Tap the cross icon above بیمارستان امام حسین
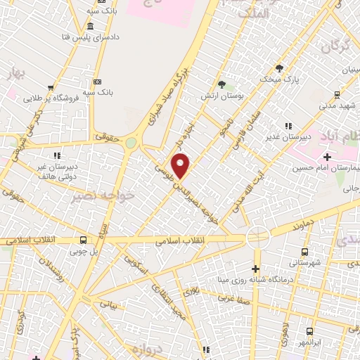[x=328, y=155]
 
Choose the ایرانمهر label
[x=309, y=342]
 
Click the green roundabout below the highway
[x=131, y=143]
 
